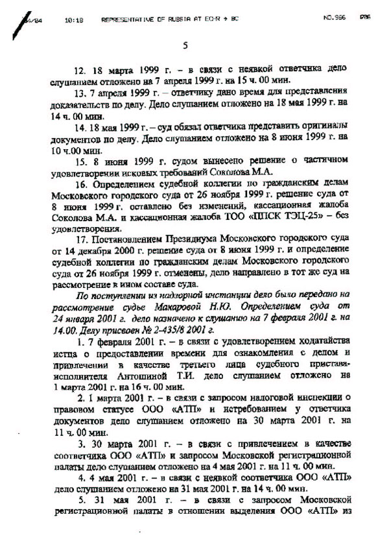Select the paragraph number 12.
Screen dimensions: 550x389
(82, 68)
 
